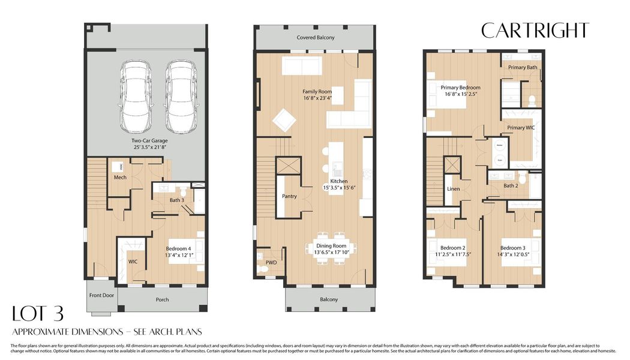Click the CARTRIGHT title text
[535, 30]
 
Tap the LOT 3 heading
[38, 314]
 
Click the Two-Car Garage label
[150, 141]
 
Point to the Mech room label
[120, 177]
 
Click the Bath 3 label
[176, 200]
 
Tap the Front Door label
[101, 295]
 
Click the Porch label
[162, 299]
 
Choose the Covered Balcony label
[315, 37]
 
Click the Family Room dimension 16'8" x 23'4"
[316, 98]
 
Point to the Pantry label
[289, 196]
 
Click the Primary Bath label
[523, 67]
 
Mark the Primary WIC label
[520, 128]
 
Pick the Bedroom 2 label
[452, 248]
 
